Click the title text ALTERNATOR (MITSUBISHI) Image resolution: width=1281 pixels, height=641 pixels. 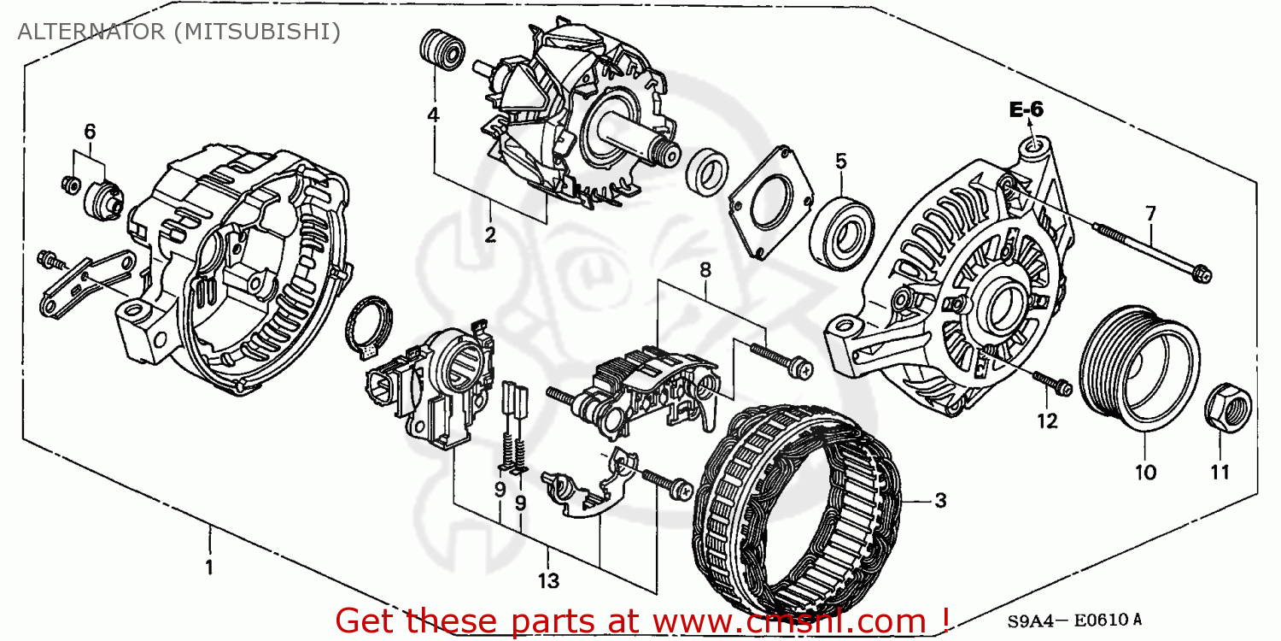point(178,32)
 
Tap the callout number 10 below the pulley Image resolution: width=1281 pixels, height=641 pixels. point(1145,472)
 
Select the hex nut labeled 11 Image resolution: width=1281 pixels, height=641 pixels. point(1226,408)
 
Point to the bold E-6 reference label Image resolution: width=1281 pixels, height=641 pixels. point(1026,109)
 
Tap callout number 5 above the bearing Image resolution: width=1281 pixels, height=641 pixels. point(840,160)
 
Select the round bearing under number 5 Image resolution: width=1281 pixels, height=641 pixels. point(844,229)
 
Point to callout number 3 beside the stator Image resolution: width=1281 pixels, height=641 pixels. point(939,502)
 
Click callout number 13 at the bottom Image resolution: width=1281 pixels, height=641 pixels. point(547,581)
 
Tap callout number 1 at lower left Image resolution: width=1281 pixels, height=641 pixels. point(208,567)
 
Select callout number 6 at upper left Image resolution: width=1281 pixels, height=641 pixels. point(90,131)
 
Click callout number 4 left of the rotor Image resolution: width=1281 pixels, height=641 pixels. point(433,114)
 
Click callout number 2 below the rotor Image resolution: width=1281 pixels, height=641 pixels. point(490,235)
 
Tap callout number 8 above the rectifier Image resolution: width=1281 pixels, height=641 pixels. point(705,270)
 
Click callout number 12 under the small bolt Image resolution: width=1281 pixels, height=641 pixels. point(1047,420)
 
